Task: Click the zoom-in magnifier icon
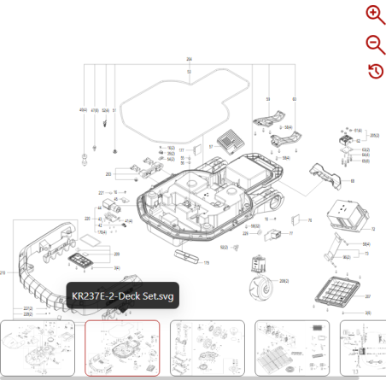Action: coord(375,14)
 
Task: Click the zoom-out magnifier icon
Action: coord(375,44)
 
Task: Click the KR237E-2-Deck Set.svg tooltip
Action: coord(122,296)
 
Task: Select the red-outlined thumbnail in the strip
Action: coord(122,348)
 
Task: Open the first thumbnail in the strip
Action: coord(40,348)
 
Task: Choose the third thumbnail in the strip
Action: coord(208,348)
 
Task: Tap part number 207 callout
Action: coord(368,296)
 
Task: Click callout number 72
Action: coord(374,230)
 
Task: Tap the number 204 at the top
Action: coord(189,58)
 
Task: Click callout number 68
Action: coord(353,182)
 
